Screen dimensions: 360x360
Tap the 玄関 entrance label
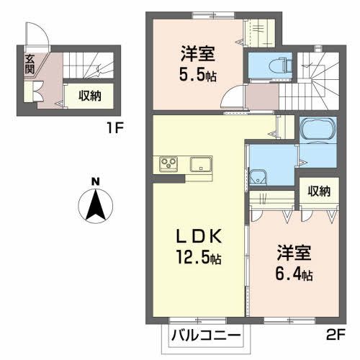tap(30, 65)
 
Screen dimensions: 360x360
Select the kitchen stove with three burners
tap(168, 163)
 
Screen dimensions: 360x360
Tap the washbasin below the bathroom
tap(258, 176)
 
